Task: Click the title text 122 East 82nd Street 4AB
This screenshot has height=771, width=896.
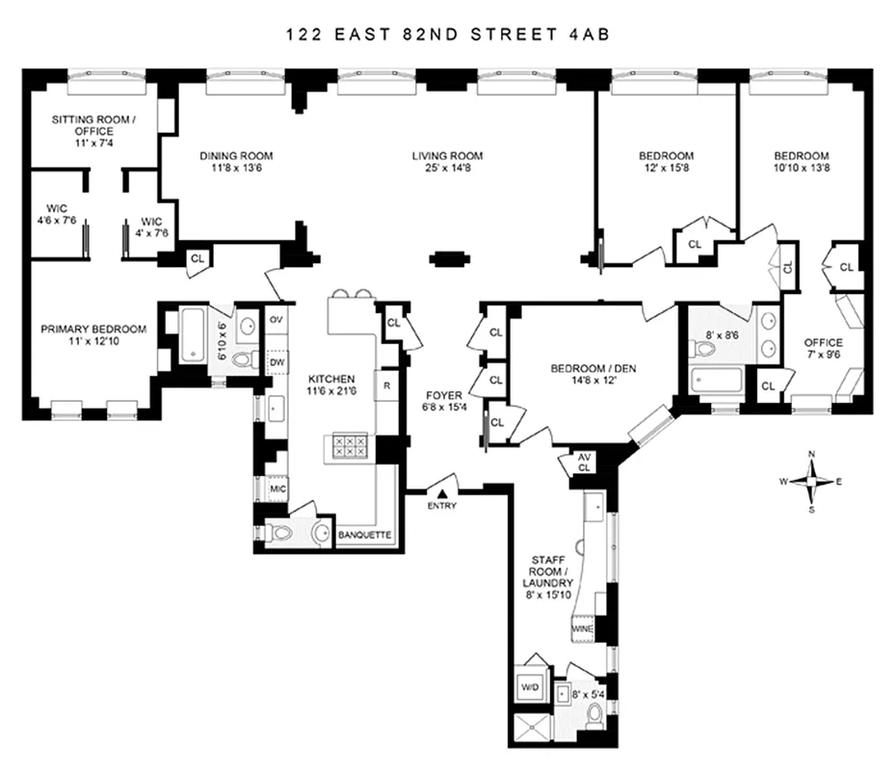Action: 448,34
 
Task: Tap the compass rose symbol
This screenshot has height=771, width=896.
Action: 812,480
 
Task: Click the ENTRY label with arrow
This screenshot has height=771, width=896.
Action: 443,499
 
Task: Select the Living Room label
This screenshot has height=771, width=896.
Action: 447,156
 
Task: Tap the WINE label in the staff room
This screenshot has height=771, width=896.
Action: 584,629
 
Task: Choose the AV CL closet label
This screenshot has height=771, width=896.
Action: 585,462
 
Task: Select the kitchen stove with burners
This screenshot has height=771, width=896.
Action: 349,446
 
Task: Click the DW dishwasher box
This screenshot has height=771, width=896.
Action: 277,362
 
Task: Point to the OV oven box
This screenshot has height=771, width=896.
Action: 277,319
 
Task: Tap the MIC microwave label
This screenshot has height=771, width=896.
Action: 277,489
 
